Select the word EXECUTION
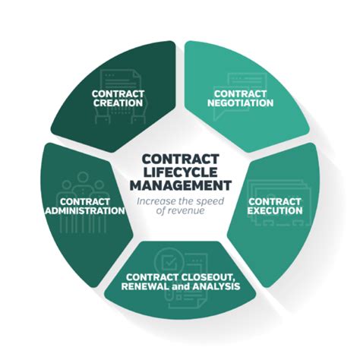(x=276, y=210)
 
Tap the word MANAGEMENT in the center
(x=180, y=185)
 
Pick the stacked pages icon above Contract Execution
(x=276, y=185)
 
